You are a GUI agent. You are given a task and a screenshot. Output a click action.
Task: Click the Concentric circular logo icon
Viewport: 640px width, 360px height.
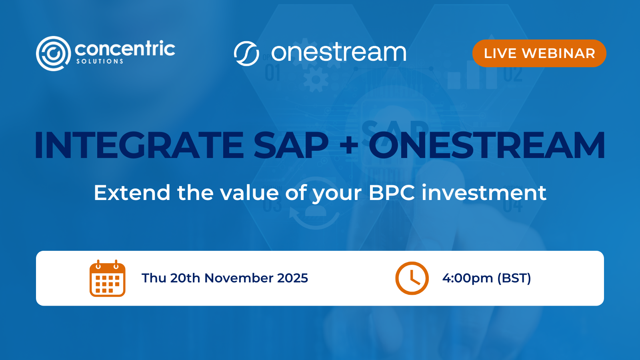[53, 53]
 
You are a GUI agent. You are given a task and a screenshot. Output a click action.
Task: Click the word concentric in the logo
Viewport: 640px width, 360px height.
[125, 49]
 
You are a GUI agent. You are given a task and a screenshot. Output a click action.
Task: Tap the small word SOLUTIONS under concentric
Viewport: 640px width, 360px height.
[100, 62]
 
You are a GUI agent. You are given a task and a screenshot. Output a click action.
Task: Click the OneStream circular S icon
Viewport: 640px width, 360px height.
[246, 53]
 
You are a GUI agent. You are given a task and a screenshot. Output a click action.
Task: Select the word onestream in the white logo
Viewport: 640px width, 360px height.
[338, 53]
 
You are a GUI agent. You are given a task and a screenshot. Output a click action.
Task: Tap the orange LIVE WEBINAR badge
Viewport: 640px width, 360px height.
[539, 53]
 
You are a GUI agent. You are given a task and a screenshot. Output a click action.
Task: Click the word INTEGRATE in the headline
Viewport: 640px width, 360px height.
[138, 145]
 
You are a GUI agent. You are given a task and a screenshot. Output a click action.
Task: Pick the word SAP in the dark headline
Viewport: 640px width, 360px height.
[291, 145]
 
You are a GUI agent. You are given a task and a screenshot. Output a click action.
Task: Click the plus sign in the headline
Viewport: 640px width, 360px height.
[349, 145]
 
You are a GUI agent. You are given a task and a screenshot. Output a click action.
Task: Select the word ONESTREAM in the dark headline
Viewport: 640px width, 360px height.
[486, 145]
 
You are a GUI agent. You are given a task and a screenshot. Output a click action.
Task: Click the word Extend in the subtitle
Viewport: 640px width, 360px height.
[132, 193]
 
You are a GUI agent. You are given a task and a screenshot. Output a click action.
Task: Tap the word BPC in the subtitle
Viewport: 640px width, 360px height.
[391, 193]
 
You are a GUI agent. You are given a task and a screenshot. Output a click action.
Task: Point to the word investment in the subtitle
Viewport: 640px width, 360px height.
[484, 193]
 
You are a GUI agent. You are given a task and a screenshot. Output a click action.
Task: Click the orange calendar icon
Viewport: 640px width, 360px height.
[107, 278]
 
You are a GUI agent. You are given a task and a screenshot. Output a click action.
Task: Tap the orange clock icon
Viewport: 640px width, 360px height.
[412, 278]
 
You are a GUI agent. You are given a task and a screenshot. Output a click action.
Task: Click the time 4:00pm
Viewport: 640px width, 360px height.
[467, 278]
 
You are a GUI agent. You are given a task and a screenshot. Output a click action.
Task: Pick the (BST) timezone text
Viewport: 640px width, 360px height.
[514, 278]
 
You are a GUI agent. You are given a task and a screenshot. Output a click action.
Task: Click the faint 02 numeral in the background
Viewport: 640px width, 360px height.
[513, 74]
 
